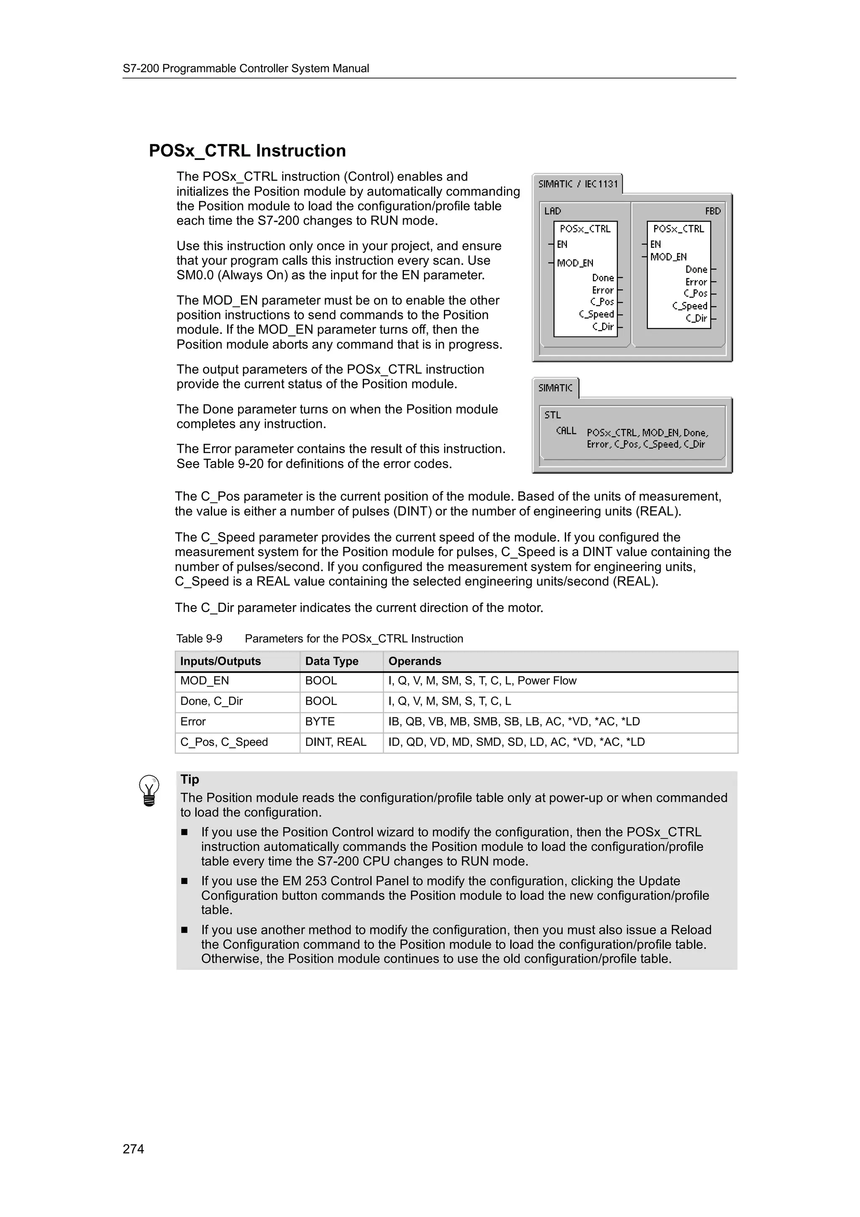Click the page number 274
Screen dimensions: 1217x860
click(133, 1149)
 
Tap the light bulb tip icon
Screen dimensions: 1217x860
click(149, 791)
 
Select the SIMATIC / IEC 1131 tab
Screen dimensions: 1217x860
click(577, 184)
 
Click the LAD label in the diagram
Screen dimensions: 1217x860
click(552, 211)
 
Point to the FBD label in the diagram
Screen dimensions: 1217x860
click(713, 211)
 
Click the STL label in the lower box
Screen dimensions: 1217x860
click(552, 415)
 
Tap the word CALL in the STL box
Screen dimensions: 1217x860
click(566, 431)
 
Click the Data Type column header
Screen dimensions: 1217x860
click(332, 661)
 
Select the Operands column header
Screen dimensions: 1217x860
click(414, 661)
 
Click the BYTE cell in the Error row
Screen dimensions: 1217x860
click(320, 721)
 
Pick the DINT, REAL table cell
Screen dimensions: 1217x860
click(336, 742)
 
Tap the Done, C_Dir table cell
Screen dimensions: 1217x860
click(211, 701)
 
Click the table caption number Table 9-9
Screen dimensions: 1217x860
click(199, 639)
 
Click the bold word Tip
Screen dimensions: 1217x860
click(190, 779)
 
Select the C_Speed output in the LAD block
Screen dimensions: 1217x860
click(596, 314)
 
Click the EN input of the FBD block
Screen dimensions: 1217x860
click(655, 244)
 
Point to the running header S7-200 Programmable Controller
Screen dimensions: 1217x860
click(246, 68)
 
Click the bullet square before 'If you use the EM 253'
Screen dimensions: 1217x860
click(184, 881)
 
